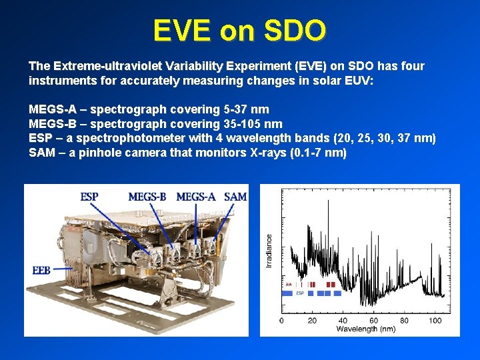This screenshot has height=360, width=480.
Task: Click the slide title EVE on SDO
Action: (x=239, y=30)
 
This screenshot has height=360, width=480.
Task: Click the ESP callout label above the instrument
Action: (x=90, y=197)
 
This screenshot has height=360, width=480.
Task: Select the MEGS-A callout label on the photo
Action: (x=196, y=197)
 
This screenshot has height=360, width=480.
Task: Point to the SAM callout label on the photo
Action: (x=235, y=197)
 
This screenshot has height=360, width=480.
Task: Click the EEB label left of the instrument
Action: (x=41, y=270)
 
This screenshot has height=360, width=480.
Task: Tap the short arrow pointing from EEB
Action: (x=63, y=269)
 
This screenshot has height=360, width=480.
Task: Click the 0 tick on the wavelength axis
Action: (x=281, y=321)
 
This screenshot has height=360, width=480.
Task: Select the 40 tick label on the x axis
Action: (x=343, y=321)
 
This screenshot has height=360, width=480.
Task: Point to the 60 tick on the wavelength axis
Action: (x=373, y=321)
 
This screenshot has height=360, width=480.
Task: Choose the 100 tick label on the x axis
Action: (x=435, y=321)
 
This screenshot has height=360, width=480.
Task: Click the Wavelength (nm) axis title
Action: (x=366, y=329)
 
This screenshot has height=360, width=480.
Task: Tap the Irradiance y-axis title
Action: (x=270, y=251)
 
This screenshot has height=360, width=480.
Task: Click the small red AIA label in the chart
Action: (x=288, y=284)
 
